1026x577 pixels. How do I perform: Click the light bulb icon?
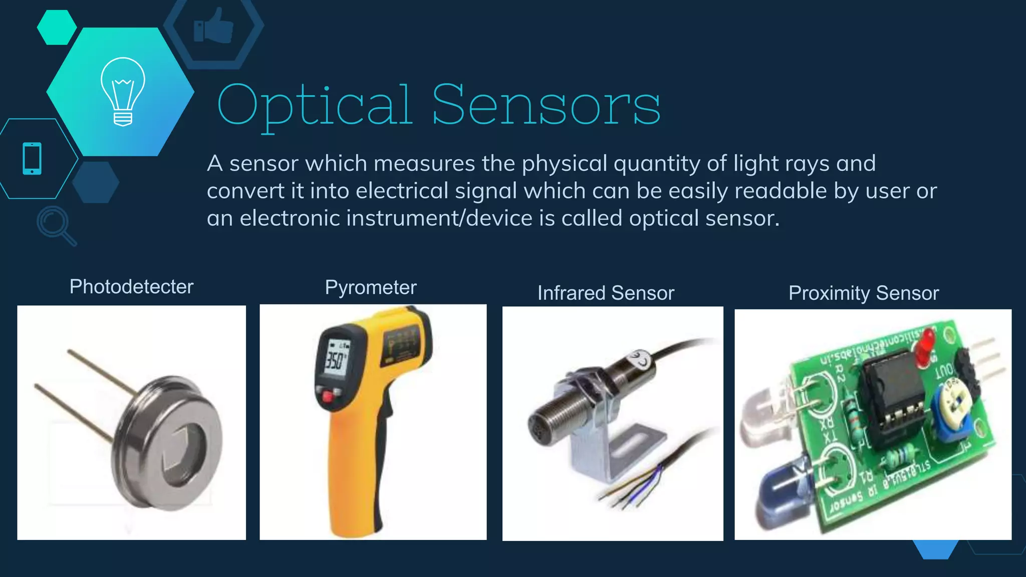123,91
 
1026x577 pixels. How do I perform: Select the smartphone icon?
32,159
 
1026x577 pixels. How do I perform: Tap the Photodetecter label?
131,286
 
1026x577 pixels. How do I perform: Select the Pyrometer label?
371,287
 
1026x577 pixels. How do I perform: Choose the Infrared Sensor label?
606,293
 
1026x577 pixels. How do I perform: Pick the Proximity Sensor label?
864,293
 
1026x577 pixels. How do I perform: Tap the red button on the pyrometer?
328,397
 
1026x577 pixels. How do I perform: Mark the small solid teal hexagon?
57,27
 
